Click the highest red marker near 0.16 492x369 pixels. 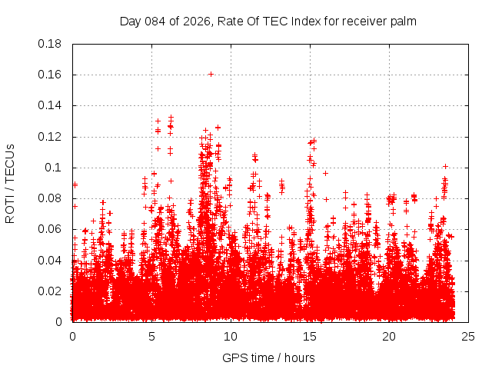[x=211, y=74]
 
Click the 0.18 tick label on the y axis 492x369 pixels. [x=51, y=44]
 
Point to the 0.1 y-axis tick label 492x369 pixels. [x=56, y=168]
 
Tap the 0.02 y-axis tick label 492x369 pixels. [x=51, y=291]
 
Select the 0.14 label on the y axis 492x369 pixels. [x=51, y=105]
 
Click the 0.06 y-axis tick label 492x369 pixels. [x=51, y=229]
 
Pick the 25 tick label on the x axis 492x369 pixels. [x=467, y=337]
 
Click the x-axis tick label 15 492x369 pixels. [x=310, y=337]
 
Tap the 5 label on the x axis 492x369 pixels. [x=151, y=337]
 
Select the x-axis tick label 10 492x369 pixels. [x=231, y=337]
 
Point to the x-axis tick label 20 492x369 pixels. [x=388, y=337]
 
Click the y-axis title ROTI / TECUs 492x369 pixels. [x=10, y=183]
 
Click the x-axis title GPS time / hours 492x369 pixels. [x=268, y=357]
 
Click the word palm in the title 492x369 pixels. [x=404, y=21]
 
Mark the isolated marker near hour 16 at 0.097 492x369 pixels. [x=325, y=173]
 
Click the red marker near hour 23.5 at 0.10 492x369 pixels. [x=445, y=166]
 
